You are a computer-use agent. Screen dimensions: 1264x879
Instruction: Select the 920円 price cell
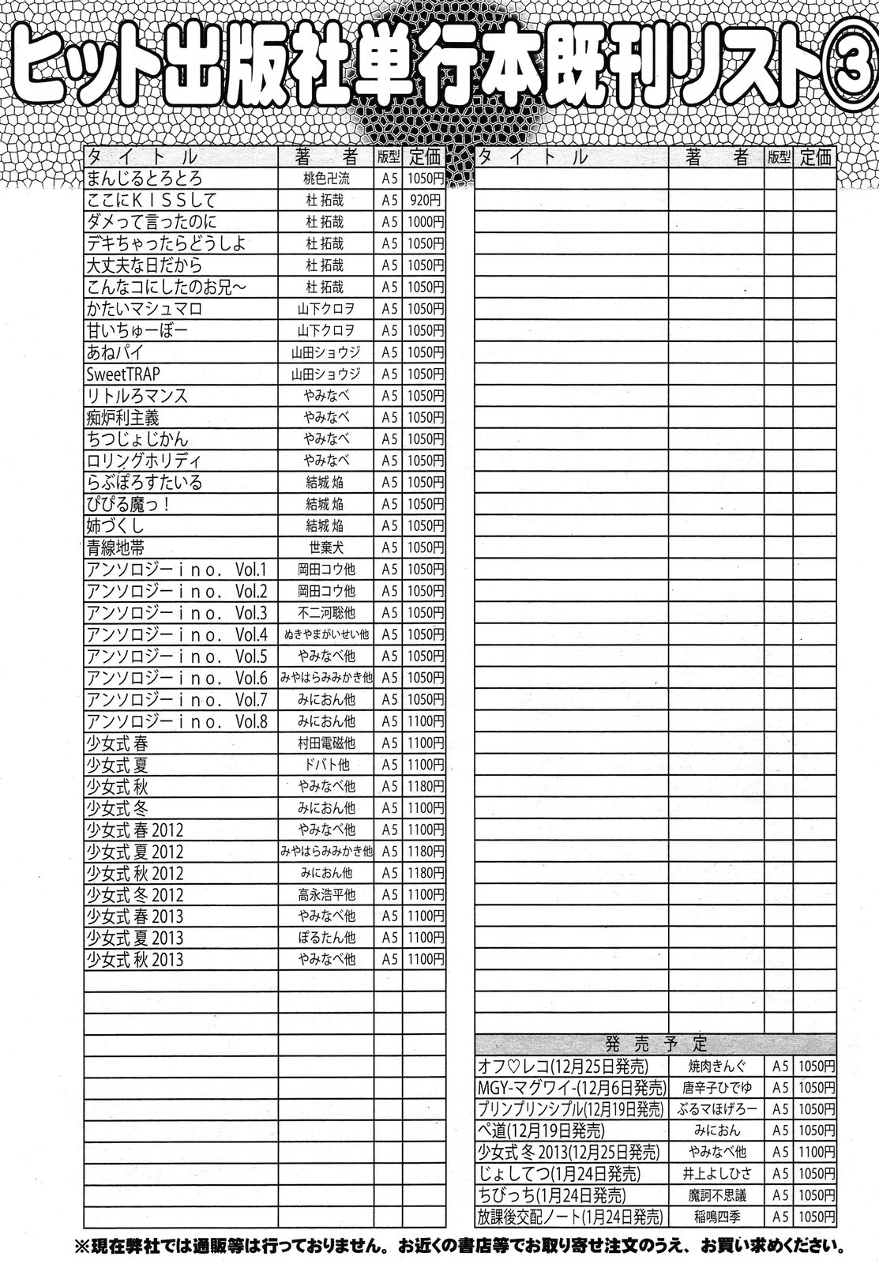coord(423,201)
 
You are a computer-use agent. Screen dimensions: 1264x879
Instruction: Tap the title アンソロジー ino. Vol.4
coord(178,634)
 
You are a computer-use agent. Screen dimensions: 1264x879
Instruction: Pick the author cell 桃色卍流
coord(325,179)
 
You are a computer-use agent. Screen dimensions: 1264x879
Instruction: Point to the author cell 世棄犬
coord(325,547)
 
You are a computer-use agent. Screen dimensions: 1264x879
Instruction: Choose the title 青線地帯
coord(115,547)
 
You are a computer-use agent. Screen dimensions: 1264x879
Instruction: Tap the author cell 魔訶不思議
coord(716,1195)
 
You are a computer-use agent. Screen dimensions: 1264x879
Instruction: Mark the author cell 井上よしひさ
coord(716,1174)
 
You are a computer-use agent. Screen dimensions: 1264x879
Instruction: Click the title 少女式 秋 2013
coord(135,960)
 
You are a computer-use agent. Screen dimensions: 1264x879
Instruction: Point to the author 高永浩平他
coord(326,894)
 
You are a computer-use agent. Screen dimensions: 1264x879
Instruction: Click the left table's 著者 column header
coord(325,156)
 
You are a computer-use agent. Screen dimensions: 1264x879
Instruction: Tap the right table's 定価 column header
coord(814,157)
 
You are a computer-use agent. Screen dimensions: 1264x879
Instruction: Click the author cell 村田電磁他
coord(326,743)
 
